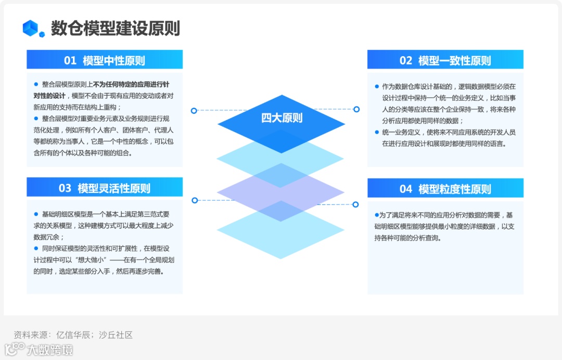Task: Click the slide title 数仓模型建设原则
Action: [115, 28]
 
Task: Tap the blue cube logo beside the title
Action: [34, 28]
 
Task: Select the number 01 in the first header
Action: [70, 60]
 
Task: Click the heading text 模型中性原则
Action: [113, 60]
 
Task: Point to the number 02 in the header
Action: [406, 60]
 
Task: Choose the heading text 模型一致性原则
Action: [454, 60]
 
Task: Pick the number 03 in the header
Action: [65, 188]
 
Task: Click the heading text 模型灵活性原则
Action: [113, 188]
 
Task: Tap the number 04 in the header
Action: [406, 189]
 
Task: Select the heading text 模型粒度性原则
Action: [454, 189]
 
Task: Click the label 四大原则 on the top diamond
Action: [282, 118]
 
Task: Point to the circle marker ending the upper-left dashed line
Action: [194, 110]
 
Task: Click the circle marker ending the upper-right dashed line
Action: [356, 109]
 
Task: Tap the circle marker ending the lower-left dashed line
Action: [195, 200]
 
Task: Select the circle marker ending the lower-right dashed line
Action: [356, 204]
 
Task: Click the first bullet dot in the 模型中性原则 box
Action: [36, 84]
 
